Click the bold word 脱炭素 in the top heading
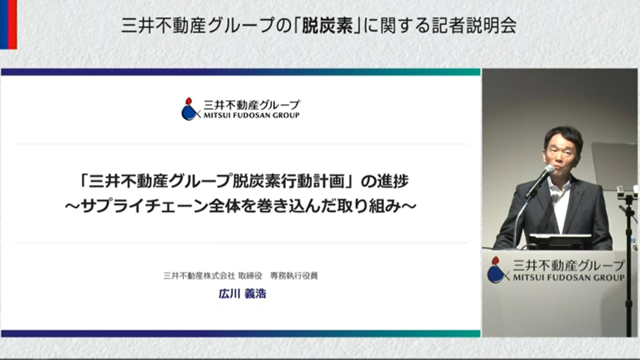(x=328, y=26)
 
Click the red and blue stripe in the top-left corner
(x=8, y=25)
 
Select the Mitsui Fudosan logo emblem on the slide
(x=190, y=109)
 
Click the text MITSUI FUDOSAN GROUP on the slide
(x=251, y=115)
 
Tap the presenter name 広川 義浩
(x=242, y=294)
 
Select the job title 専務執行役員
(x=294, y=276)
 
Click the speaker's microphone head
(x=549, y=170)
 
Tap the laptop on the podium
(x=560, y=242)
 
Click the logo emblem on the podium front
(x=497, y=270)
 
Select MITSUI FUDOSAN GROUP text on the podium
(x=569, y=278)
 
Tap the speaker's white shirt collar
(x=561, y=186)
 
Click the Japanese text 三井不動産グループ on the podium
(x=569, y=266)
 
